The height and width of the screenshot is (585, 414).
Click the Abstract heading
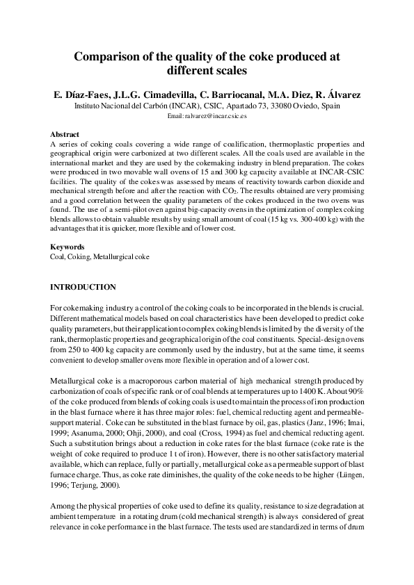[x=65, y=134]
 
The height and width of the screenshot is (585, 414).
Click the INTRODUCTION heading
[x=83, y=287]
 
